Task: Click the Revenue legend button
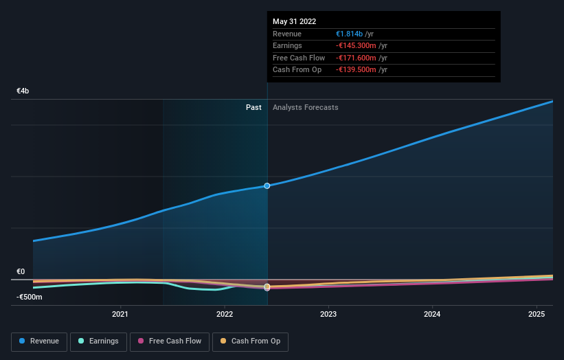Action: click(38, 341)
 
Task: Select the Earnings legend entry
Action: click(98, 341)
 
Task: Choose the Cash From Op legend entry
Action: click(250, 341)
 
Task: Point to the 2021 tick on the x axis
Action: click(120, 315)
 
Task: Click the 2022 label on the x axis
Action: click(225, 315)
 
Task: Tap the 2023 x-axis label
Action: click(328, 315)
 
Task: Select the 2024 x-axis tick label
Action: click(432, 315)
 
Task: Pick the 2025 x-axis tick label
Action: click(536, 315)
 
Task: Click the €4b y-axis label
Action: click(23, 91)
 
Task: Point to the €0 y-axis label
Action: click(21, 272)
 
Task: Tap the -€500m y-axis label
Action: click(30, 297)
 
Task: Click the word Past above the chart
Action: click(253, 107)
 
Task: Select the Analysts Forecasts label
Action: click(305, 107)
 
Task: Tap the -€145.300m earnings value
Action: click(356, 46)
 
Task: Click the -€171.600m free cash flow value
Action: click(356, 58)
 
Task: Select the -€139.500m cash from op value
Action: click(356, 70)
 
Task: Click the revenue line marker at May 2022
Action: click(267, 185)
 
